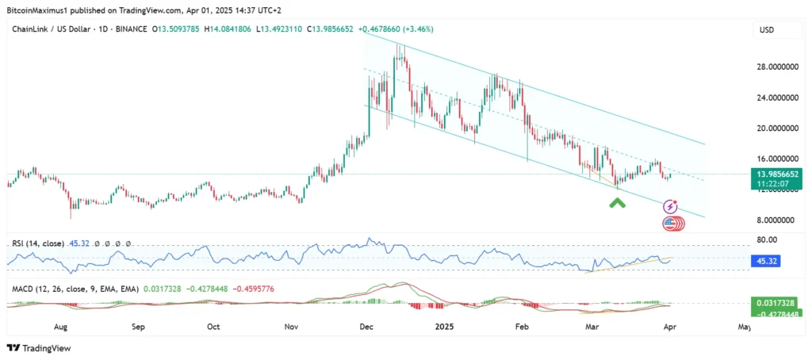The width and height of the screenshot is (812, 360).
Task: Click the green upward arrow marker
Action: [x=617, y=203]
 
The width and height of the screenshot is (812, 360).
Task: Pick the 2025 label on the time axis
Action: [x=443, y=326]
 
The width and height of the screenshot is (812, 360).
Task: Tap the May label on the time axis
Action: [x=745, y=326]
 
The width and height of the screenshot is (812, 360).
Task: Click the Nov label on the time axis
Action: [x=290, y=326]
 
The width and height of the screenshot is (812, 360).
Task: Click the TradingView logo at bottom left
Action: [x=40, y=348]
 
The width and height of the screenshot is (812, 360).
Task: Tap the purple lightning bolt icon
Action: [x=670, y=207]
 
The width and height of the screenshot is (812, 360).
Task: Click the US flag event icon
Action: [x=671, y=224]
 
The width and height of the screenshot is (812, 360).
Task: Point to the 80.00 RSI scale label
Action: [x=766, y=239]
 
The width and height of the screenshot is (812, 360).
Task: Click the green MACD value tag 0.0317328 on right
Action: [x=776, y=302]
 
